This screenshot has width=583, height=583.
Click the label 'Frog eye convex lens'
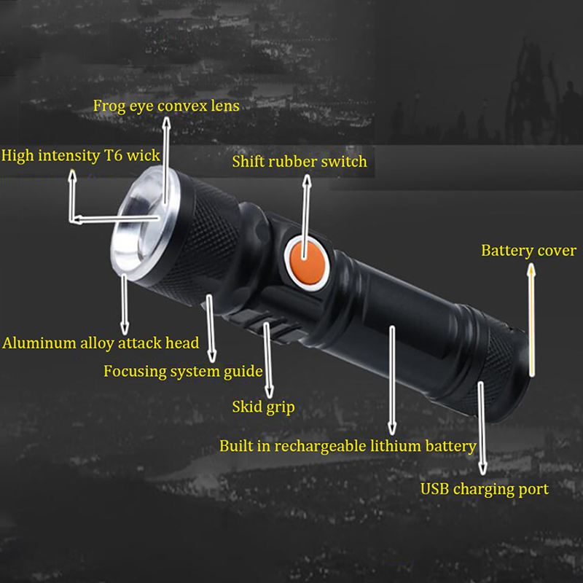[x=166, y=106]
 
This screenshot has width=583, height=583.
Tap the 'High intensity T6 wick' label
[x=81, y=156]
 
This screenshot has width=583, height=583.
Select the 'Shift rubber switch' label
[x=300, y=162]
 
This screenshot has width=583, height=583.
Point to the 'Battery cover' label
[x=529, y=251]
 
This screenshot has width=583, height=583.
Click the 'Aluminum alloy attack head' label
[x=101, y=343]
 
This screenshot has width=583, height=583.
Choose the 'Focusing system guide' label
[x=184, y=372]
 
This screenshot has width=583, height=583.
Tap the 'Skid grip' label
[x=263, y=407]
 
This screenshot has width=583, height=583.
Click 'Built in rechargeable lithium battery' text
[x=348, y=446]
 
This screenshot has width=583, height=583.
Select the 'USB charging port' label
[x=485, y=489]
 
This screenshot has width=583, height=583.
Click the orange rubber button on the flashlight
[x=308, y=263]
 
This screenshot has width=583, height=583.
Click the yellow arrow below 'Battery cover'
[x=532, y=320]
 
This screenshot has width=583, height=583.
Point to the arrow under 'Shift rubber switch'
[x=305, y=216]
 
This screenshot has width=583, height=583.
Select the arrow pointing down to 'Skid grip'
[x=268, y=360]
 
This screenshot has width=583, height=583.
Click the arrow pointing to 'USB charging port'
[x=482, y=429]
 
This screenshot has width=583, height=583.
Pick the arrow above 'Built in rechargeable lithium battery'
[x=392, y=380]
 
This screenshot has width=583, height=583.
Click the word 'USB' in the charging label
[x=434, y=489]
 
